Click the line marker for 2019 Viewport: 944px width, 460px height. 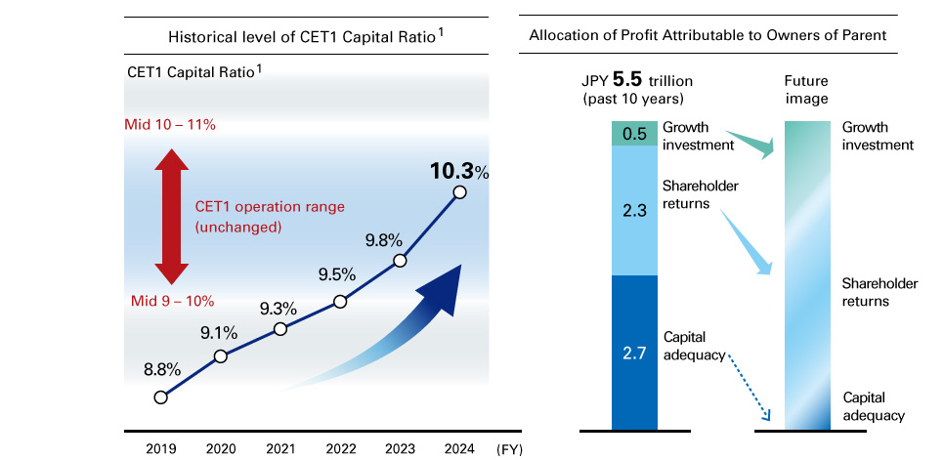tap(161, 397)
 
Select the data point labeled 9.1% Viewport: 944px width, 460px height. tap(221, 356)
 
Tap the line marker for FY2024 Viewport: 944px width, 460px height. tap(459, 192)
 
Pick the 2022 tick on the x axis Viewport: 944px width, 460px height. tap(340, 449)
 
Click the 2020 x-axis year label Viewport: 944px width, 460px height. tap(221, 449)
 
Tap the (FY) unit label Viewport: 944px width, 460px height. tap(513, 449)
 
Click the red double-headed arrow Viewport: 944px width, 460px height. tap(171, 214)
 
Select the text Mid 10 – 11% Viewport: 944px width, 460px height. tap(170, 125)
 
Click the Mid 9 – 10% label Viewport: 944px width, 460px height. tap(173, 301)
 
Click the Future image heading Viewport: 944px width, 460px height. tap(806, 91)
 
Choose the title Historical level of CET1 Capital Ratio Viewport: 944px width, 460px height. tap(305, 37)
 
